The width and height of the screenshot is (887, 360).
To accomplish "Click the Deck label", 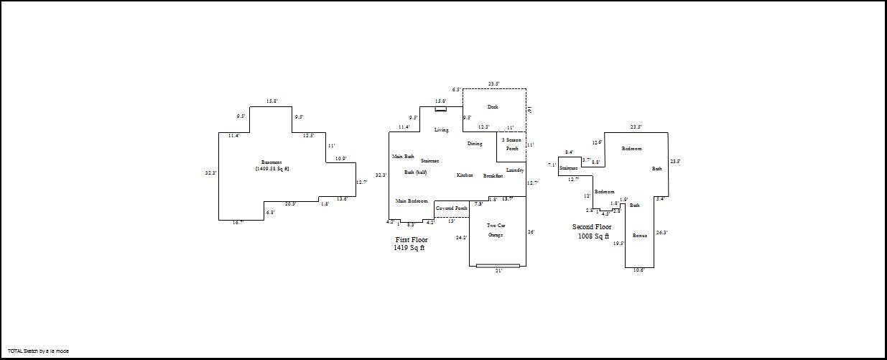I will point(493,107).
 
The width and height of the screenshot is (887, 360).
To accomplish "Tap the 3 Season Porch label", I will point(512,144).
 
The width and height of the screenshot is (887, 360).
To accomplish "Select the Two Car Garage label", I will point(496,230).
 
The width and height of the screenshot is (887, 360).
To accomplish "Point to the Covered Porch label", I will point(451,208).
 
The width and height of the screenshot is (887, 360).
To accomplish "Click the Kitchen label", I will point(465,175).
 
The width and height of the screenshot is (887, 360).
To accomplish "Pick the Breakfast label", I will point(493,175).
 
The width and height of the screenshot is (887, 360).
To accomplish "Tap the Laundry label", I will point(515,170).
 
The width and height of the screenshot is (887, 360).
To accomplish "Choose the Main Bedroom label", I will point(412,201).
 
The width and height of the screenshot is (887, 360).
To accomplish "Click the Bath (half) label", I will point(416,172).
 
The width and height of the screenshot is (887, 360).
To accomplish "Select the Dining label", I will point(475,144).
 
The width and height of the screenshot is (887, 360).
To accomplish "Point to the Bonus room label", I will point(639,236).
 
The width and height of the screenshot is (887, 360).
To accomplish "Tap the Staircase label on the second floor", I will point(569,168).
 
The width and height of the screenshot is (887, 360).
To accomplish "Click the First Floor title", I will point(412,239).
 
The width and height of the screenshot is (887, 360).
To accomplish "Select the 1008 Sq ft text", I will point(593,236).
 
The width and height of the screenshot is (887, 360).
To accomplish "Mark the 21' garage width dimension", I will point(498,271).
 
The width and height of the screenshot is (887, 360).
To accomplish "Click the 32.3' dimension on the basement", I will point(210,173).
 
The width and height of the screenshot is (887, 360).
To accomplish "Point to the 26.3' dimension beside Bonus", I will point(661,232).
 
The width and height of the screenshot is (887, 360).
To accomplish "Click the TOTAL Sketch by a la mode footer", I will point(38,351).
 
